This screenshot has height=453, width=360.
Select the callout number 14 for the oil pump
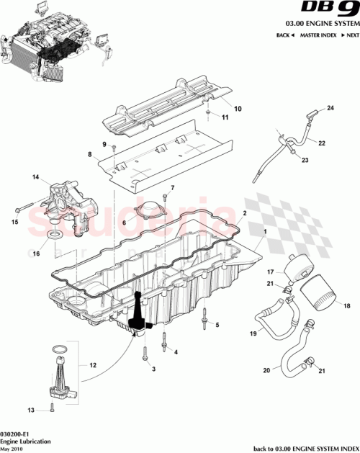pos(34,176)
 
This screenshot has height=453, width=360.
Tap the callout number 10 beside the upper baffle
pos(238,109)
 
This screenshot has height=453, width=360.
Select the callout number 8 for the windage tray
pos(90,154)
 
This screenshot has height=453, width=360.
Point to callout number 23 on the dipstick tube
pos(305,160)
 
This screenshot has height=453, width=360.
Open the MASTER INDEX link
pos(318,35)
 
